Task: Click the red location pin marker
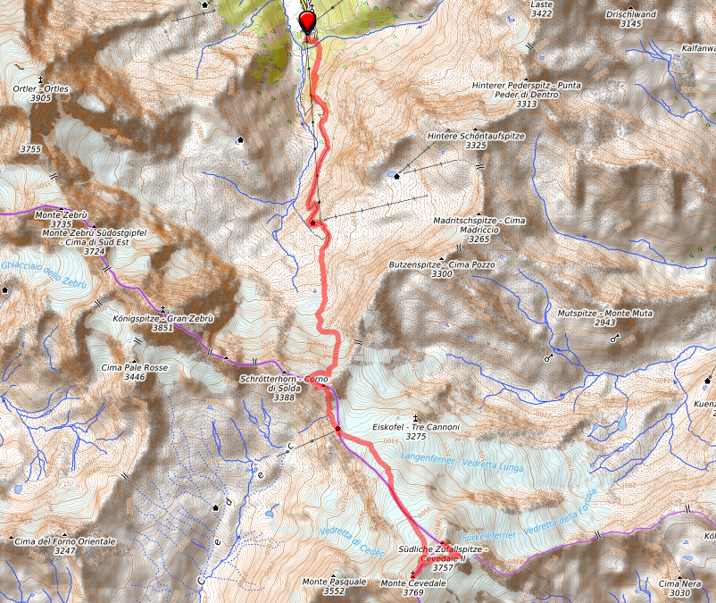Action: pyautogui.click(x=309, y=21)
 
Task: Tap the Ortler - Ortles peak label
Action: pyautogui.click(x=41, y=88)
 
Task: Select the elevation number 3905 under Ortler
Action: pyautogui.click(x=41, y=98)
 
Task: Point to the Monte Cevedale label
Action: pyautogui.click(x=412, y=582)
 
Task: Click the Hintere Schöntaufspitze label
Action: pyautogui.click(x=475, y=135)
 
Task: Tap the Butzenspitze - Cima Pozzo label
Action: pyautogui.click(x=441, y=265)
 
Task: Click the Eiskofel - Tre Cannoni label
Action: pyautogui.click(x=415, y=427)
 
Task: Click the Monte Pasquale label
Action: pyautogui.click(x=334, y=582)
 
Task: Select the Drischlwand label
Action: pyautogui.click(x=630, y=14)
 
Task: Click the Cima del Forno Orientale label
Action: pyautogui.click(x=65, y=541)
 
